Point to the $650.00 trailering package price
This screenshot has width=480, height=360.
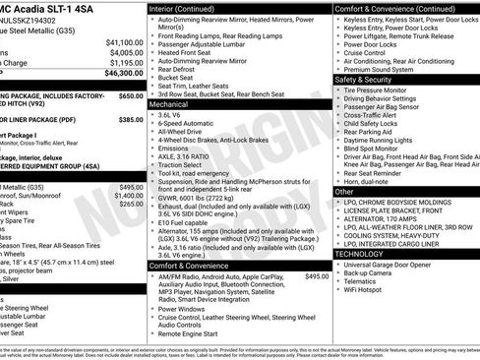(131, 96)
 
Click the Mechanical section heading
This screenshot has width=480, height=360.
(168, 103)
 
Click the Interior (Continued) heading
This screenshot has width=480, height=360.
(182, 8)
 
